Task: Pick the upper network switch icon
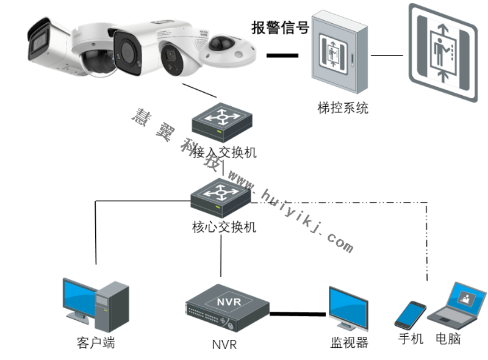point(221,120)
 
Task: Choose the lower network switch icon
point(221,196)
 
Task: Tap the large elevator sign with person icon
point(442,54)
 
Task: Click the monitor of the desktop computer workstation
point(80,297)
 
